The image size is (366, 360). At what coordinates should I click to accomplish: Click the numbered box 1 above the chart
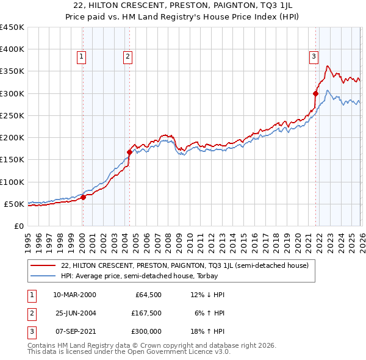[82, 57]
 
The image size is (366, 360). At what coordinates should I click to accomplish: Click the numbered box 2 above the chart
[127, 57]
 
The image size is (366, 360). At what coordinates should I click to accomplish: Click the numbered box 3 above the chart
[314, 57]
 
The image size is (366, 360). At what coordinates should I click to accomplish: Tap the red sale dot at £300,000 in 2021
[316, 93]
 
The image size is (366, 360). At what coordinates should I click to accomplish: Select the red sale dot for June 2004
[129, 152]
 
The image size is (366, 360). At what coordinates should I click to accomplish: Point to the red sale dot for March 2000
[83, 197]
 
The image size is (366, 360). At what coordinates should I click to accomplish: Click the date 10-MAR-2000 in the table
[74, 295]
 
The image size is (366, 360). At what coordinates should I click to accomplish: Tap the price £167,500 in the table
[146, 313]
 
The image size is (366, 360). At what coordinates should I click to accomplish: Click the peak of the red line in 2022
[328, 66]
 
